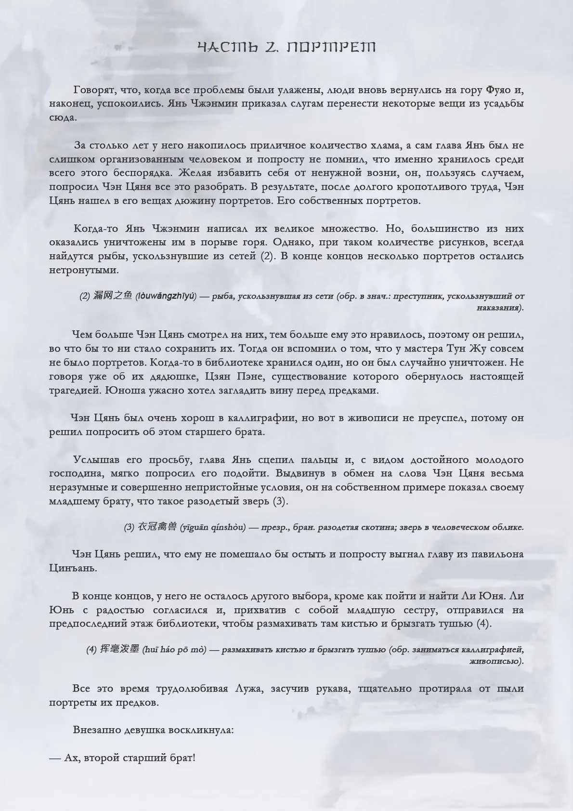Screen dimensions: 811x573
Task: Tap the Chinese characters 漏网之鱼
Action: pos(119,296)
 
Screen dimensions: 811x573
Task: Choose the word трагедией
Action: pos(74,390)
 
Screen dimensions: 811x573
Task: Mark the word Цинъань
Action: pos(73,568)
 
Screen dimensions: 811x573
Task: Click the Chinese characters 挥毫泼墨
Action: pos(119,650)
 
